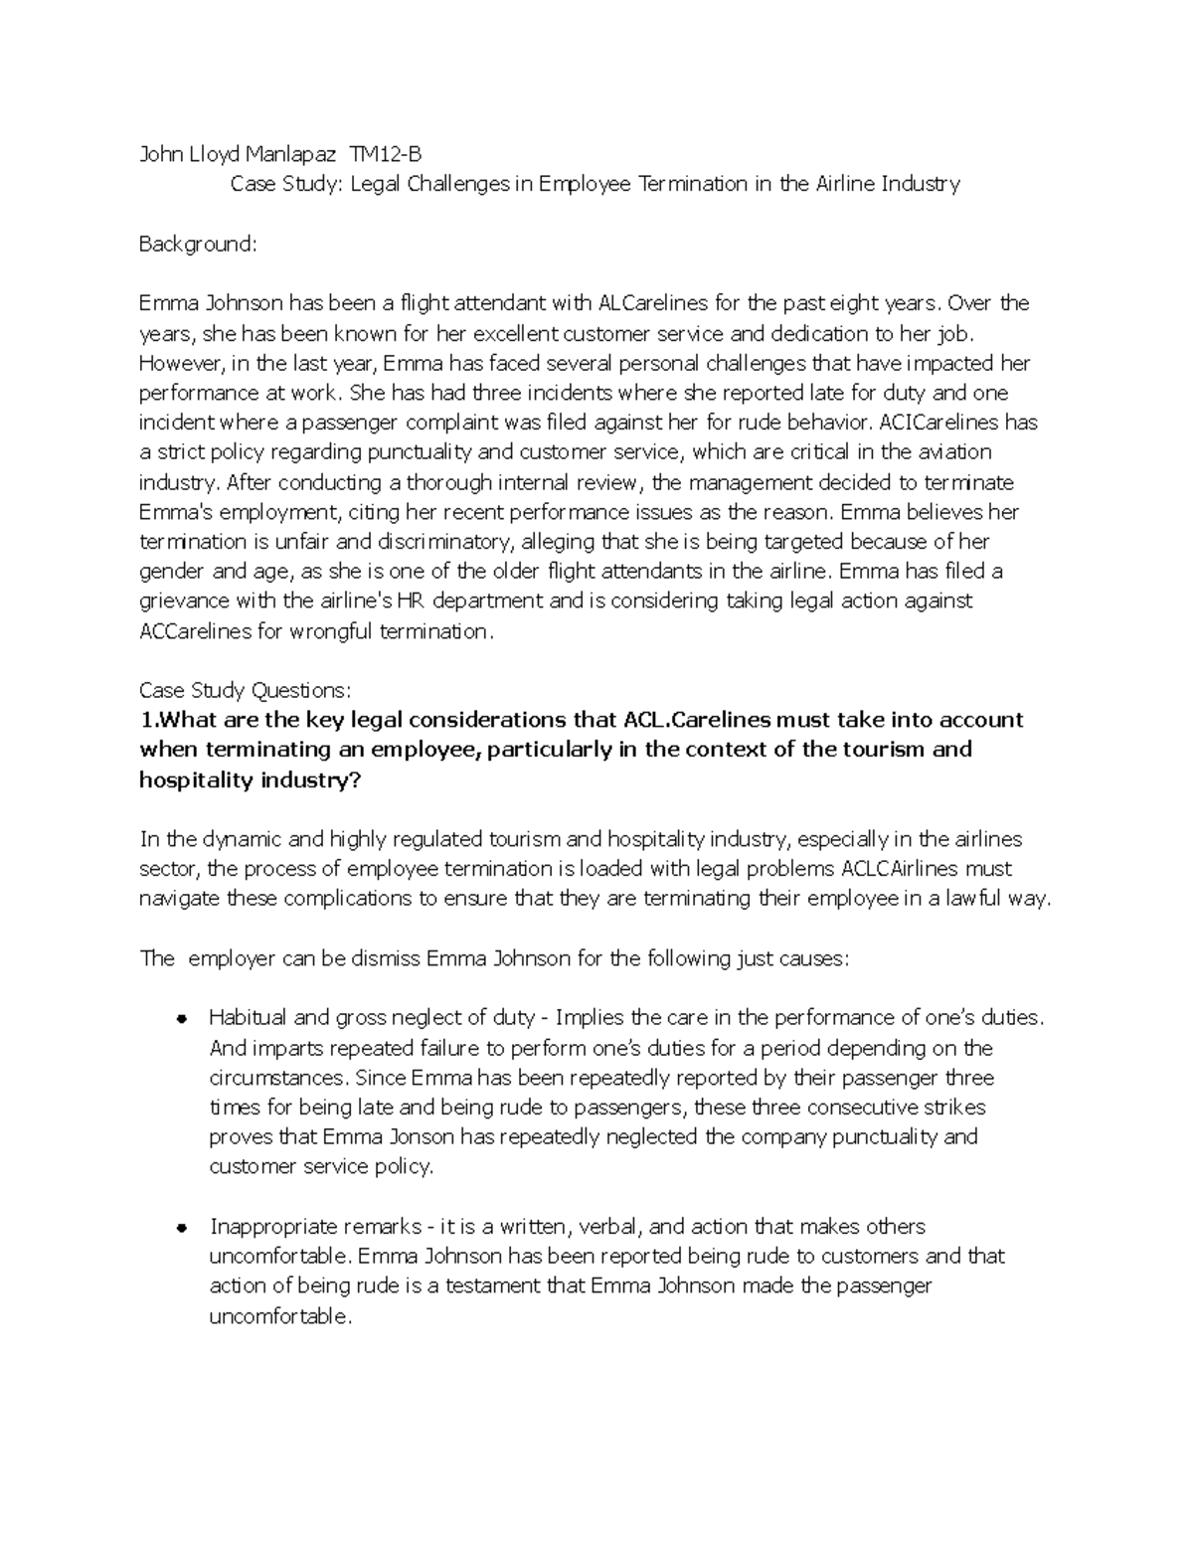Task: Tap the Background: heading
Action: pos(198,244)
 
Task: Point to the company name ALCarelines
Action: pos(654,303)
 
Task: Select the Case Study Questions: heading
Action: pos(245,691)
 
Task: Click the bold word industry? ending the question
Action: pos(308,779)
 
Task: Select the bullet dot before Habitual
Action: pos(182,1019)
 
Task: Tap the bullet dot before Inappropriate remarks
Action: pos(182,1228)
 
